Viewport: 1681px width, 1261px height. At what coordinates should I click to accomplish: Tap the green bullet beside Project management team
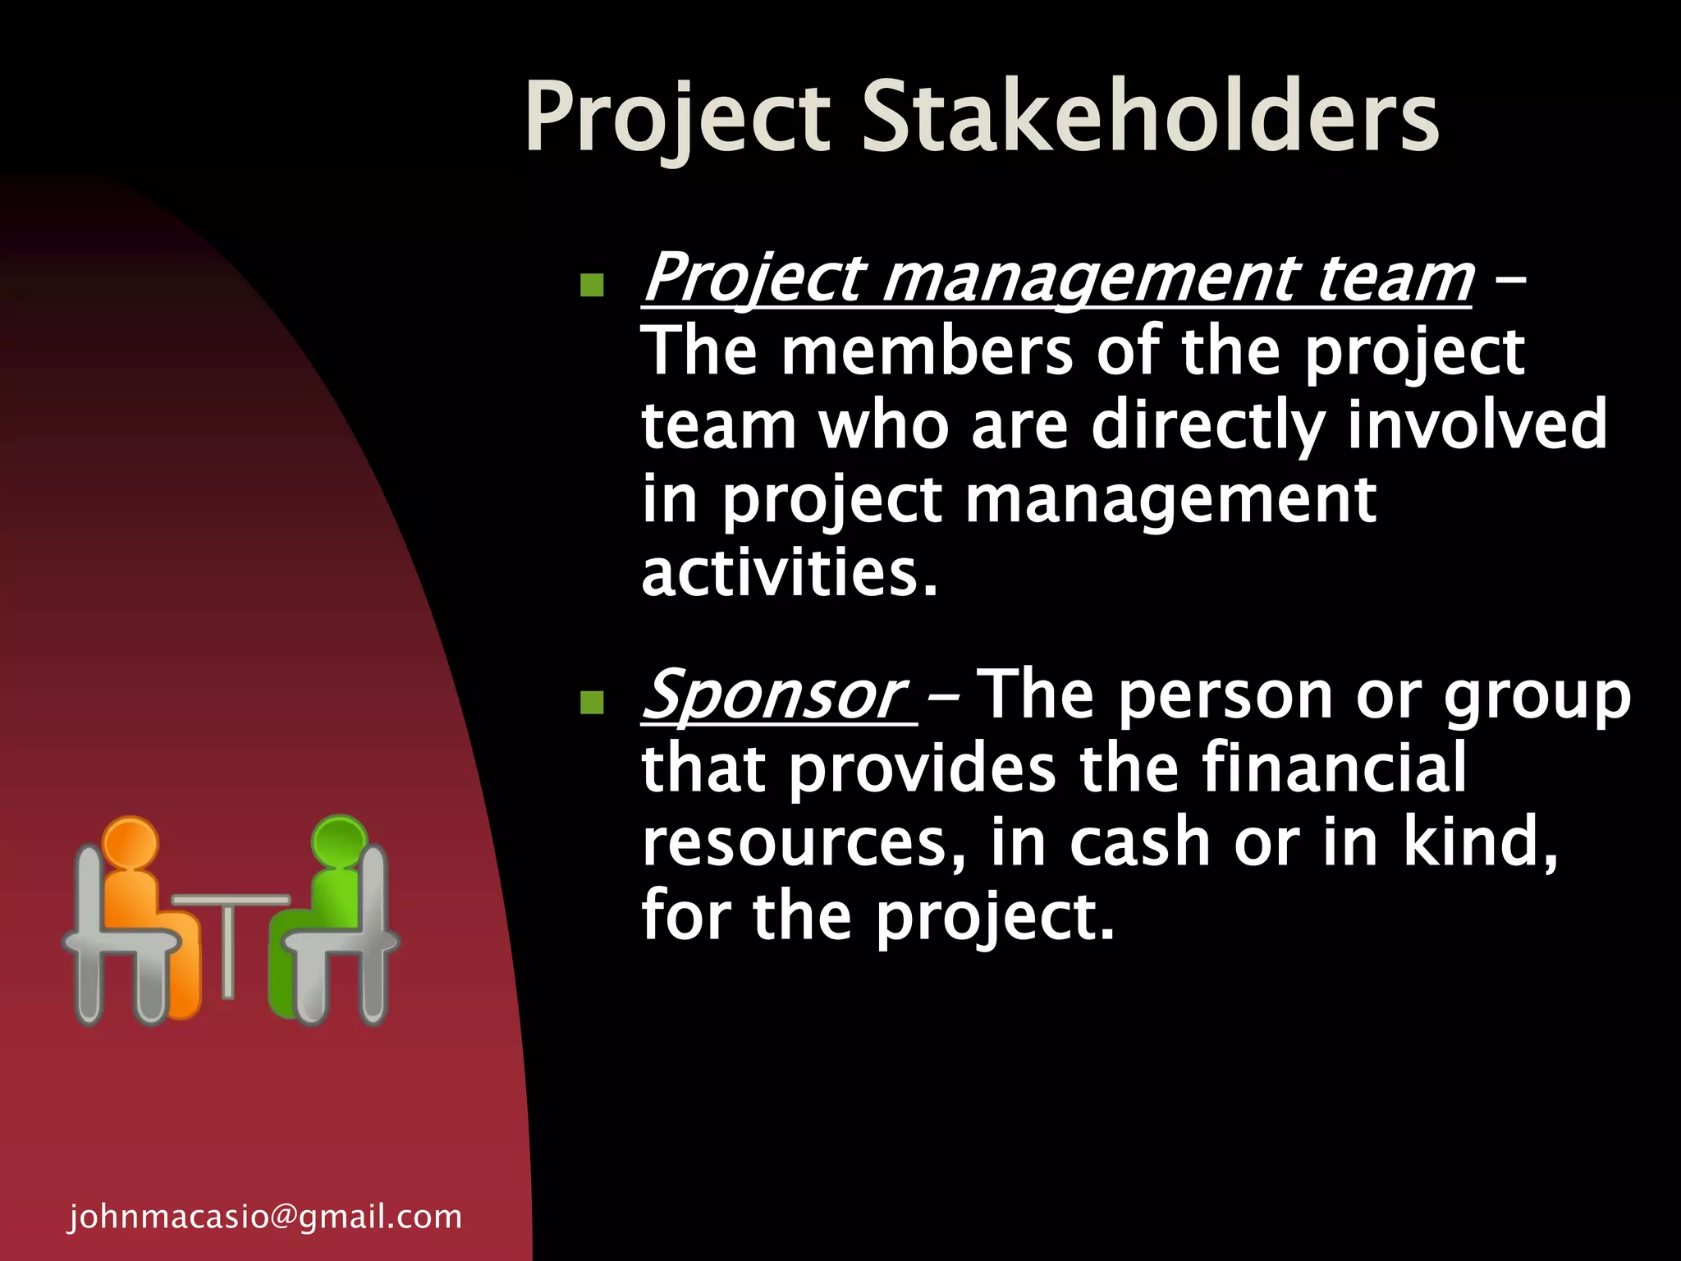pos(591,285)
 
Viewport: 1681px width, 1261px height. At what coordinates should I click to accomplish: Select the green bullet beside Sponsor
pos(591,702)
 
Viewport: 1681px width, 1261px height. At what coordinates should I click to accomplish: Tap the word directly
pos(1207,425)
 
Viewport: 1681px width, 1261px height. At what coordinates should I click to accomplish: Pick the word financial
pos(1334,768)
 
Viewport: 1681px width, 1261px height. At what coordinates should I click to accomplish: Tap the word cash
pos(1140,842)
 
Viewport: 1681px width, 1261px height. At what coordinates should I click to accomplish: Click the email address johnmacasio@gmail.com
pos(265,1217)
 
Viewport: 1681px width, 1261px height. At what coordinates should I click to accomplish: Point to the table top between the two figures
pos(231,900)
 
